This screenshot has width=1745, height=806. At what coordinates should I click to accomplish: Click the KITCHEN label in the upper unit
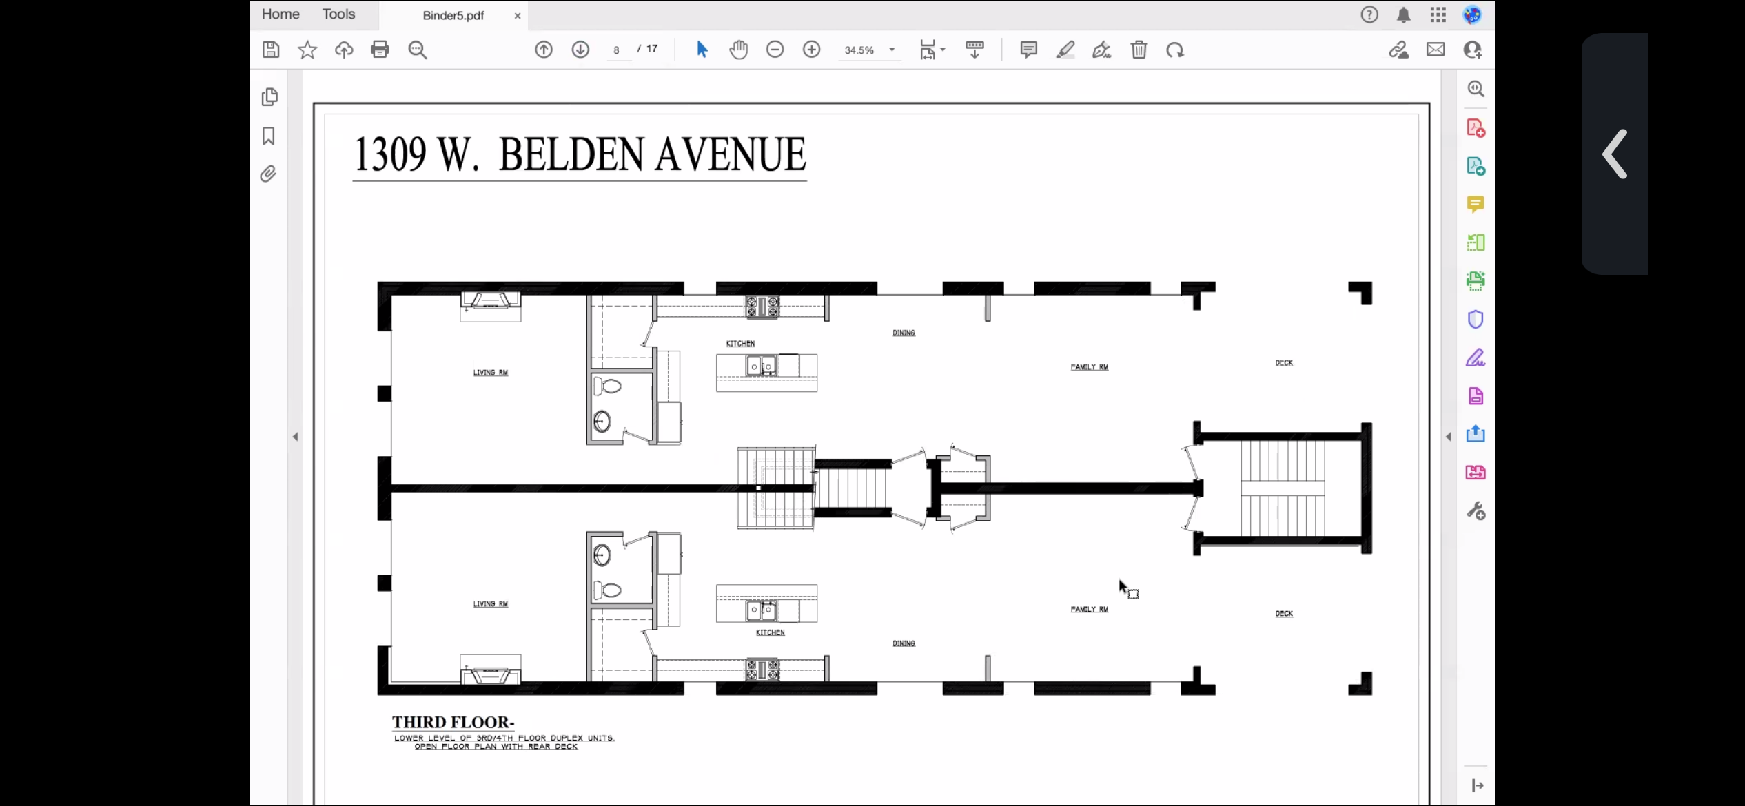(x=740, y=343)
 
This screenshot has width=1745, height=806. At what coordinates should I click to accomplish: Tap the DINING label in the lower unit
(x=904, y=643)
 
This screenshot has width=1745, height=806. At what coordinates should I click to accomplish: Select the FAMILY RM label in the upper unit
(x=1090, y=366)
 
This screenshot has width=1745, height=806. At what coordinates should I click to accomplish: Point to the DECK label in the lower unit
(x=1284, y=613)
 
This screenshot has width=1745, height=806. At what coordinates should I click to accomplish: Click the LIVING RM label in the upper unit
(x=491, y=372)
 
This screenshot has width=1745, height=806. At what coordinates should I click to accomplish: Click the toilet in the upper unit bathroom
(x=608, y=386)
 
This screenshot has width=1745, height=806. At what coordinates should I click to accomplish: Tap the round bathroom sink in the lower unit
(x=602, y=555)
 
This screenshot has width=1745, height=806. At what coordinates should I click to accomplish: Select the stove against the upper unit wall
(x=762, y=307)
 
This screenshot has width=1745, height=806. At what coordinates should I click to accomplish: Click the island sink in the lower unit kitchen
(x=762, y=610)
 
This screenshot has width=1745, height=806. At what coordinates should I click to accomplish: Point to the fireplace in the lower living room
(x=491, y=670)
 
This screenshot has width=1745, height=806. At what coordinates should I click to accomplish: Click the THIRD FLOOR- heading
(x=453, y=722)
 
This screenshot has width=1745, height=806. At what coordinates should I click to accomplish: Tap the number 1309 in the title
(x=389, y=154)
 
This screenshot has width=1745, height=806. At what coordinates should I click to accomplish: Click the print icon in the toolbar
(x=380, y=50)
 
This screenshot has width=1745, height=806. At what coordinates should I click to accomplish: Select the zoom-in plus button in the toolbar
(x=812, y=50)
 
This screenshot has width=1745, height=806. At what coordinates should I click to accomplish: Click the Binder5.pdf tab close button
(x=518, y=16)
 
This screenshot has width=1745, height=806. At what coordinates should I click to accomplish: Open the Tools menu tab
(x=338, y=14)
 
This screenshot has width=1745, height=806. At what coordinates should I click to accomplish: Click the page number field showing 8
(x=617, y=50)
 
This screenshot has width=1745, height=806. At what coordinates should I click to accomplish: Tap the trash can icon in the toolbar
(x=1139, y=50)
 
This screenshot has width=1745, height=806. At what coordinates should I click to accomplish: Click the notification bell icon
(x=1403, y=15)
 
